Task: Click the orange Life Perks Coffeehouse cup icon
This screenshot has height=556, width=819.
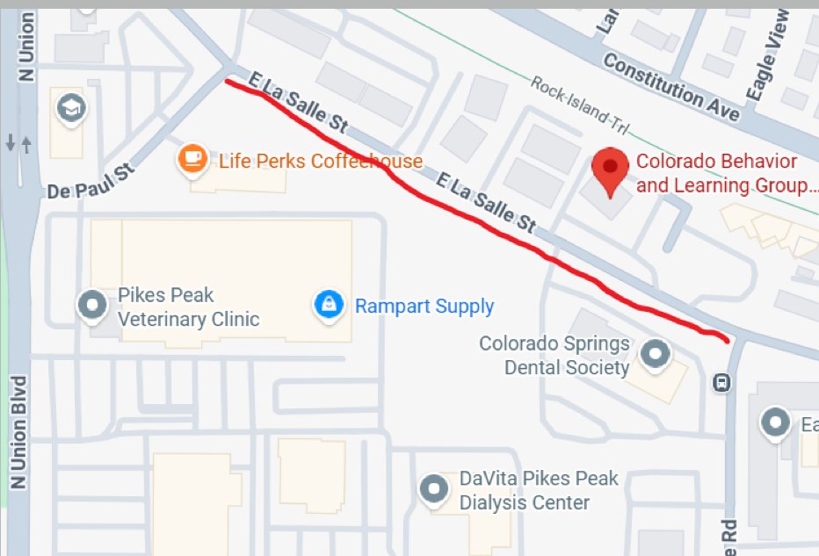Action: tap(192, 160)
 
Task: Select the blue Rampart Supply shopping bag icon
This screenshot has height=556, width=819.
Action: tap(327, 306)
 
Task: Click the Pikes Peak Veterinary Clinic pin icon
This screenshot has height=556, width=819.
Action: tap(91, 306)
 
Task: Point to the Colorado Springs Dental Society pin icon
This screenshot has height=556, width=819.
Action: tap(654, 354)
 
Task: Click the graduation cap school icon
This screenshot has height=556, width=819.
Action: tap(69, 109)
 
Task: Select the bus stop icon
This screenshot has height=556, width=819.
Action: tap(721, 382)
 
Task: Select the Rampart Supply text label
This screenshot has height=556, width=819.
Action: tap(424, 307)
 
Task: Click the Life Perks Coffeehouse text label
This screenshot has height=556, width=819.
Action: tap(321, 162)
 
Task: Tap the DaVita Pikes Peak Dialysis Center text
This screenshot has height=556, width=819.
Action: tap(539, 491)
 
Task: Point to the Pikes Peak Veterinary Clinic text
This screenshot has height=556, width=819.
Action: tap(189, 307)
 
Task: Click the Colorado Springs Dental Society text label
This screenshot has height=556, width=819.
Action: tap(554, 355)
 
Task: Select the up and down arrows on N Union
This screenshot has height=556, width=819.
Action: tap(18, 143)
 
